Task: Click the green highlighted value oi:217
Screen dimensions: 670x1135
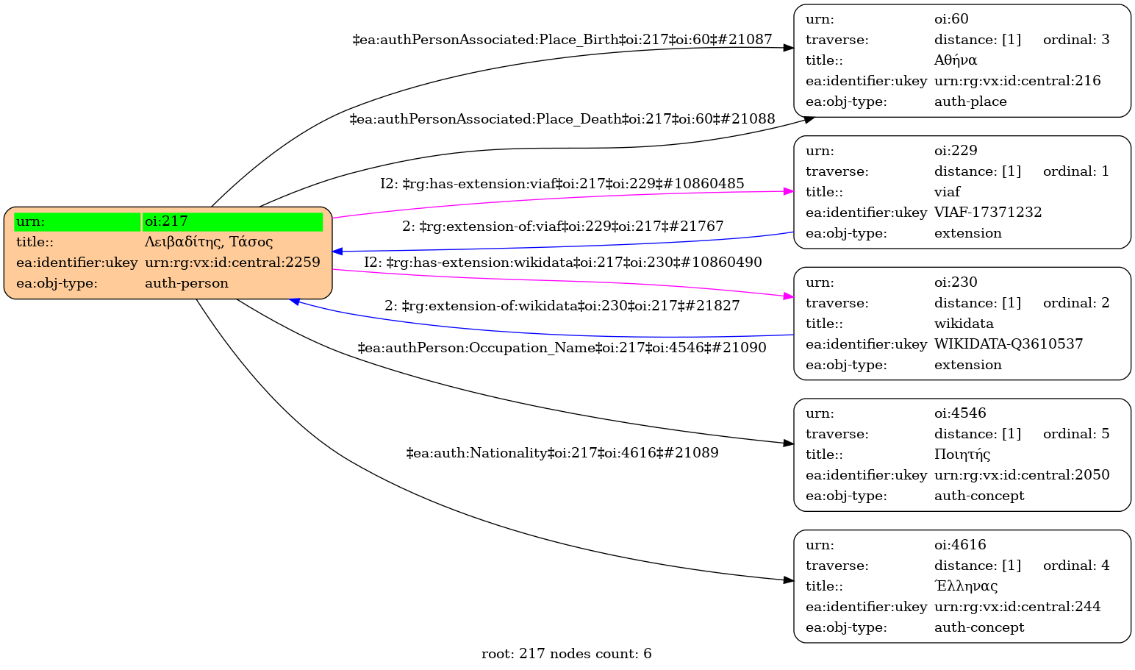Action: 166,221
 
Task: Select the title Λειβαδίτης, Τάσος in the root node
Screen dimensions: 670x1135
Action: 209,242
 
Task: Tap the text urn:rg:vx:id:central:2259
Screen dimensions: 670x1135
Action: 232,263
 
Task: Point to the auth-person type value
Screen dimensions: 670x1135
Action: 187,283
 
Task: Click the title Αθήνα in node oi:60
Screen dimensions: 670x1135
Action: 956,60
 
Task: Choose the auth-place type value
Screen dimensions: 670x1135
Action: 970,101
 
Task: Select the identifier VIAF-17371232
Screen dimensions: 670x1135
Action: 988,213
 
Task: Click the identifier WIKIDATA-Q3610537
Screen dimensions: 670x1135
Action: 1009,344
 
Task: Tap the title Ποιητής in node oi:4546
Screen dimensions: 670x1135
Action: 962,455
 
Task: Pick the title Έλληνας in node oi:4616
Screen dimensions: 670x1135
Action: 966,586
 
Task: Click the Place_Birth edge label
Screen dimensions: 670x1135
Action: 562,39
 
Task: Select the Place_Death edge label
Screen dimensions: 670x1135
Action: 562,118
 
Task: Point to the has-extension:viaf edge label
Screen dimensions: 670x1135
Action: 562,184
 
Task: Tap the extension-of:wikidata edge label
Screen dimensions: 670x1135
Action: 562,305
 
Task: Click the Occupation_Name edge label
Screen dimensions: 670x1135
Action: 562,348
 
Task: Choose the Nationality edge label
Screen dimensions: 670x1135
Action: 562,453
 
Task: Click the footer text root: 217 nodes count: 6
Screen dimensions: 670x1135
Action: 566,654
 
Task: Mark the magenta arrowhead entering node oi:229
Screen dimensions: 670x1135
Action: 789,191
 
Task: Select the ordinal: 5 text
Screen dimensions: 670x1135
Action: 1076,434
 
